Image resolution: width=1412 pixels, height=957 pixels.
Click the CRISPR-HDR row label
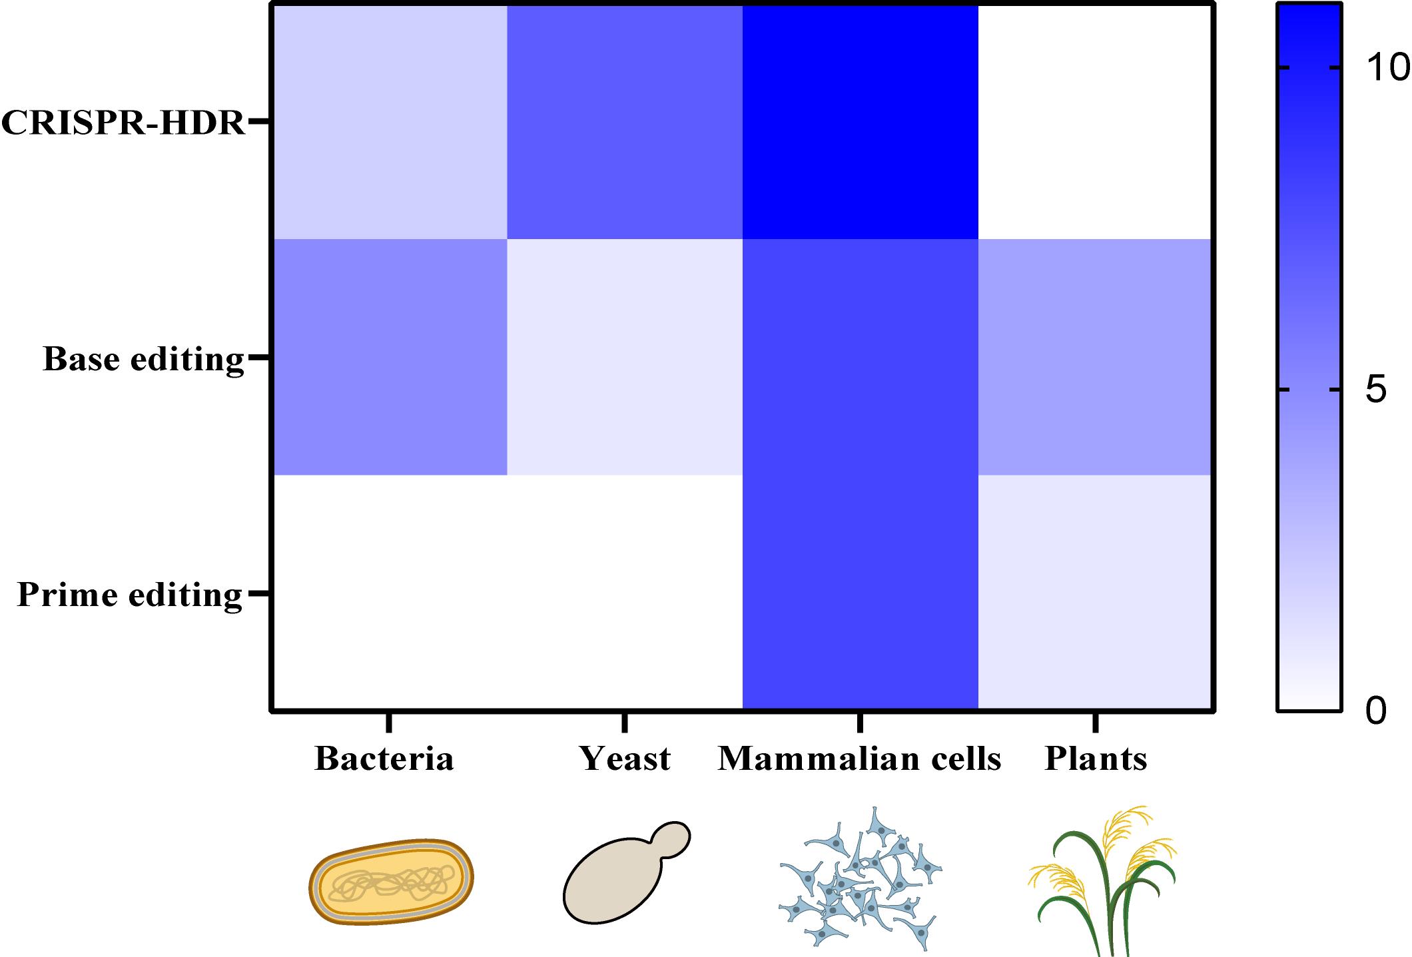point(124,123)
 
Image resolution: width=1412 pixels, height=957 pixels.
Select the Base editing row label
point(144,360)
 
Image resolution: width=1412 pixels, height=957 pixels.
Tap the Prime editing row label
point(130,595)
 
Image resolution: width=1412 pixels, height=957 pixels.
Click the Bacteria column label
point(384,759)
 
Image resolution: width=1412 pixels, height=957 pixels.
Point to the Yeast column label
point(625,759)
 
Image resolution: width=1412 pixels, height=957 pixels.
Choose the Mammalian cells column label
point(860,759)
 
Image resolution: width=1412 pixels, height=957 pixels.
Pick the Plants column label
point(1096,759)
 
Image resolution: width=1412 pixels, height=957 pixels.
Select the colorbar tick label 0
point(1376,711)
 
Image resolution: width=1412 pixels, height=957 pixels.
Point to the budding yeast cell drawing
point(627,873)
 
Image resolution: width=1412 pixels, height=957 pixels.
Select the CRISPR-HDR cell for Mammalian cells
point(860,122)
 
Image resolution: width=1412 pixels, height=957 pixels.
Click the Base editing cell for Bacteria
point(390,356)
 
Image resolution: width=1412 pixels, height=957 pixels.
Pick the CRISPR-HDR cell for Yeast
point(625,122)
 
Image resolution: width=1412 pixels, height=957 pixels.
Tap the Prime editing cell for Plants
point(1096,592)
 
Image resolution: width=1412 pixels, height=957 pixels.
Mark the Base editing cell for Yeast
point(625,356)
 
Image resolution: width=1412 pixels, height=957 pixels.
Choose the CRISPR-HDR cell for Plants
point(1096,122)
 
